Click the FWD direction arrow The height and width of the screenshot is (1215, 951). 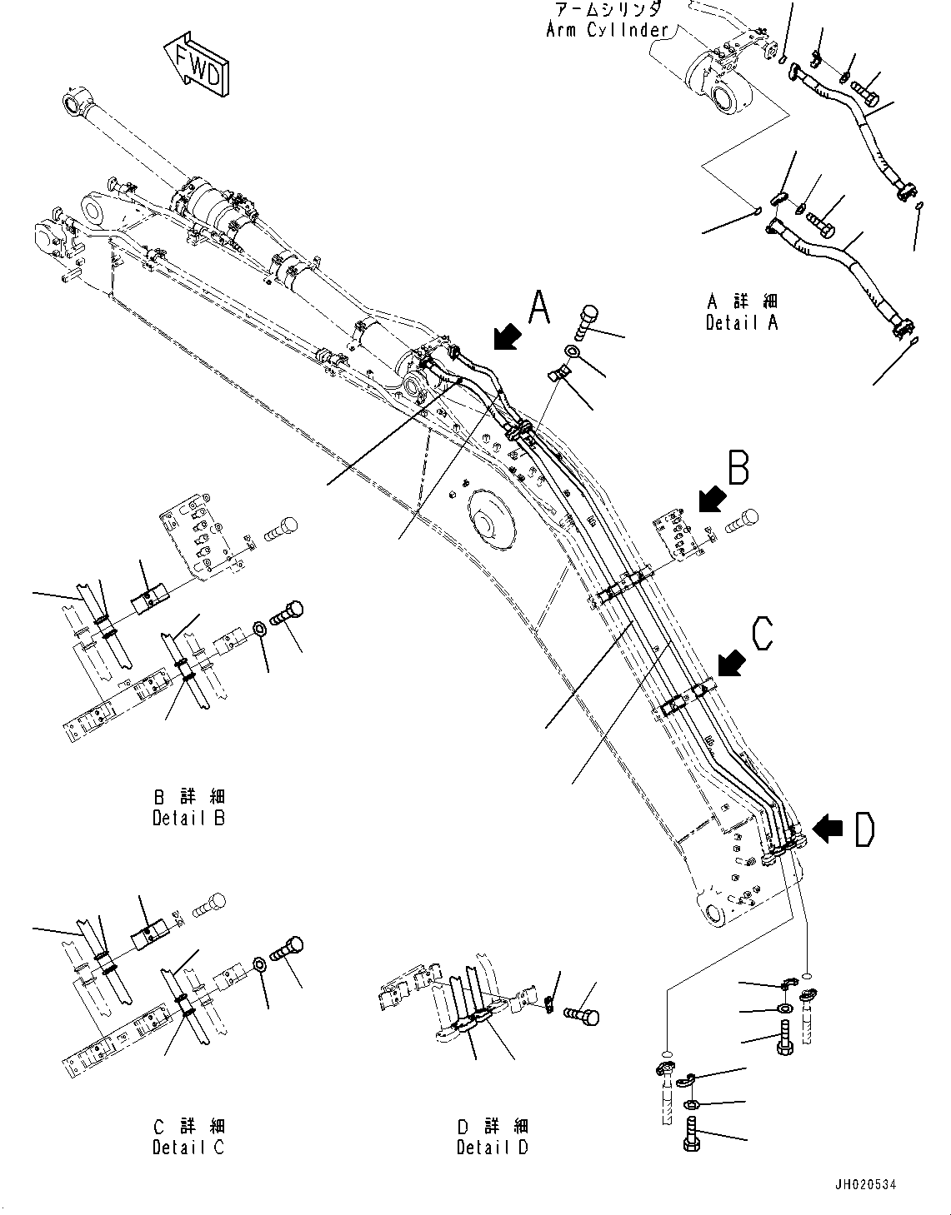click(x=197, y=65)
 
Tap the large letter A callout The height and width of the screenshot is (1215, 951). click(x=540, y=307)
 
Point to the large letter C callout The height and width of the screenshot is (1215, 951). click(x=762, y=633)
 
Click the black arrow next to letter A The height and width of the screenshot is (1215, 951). click(x=506, y=336)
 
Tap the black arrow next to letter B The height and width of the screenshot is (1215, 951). click(x=710, y=499)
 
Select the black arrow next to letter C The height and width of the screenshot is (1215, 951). click(x=731, y=664)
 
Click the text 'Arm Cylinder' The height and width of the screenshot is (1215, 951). click(x=606, y=30)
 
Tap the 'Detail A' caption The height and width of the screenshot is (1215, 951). click(x=741, y=323)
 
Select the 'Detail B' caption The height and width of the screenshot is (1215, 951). click(x=188, y=818)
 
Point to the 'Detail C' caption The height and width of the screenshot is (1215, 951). click(x=188, y=1147)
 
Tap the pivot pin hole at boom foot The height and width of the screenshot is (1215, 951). click(x=712, y=914)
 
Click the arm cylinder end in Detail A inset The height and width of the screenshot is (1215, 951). click(x=718, y=81)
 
